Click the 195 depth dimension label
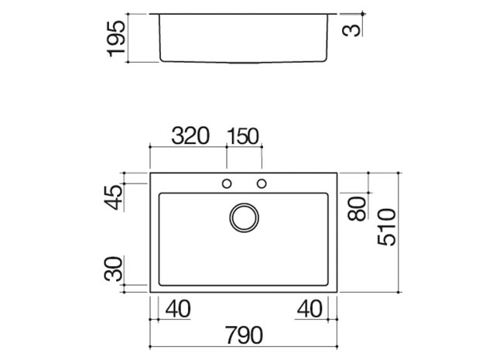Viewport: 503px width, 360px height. click(x=116, y=39)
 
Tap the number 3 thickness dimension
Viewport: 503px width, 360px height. click(x=351, y=30)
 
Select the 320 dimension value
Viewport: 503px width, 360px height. click(x=190, y=135)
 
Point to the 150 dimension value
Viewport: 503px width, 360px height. click(x=243, y=136)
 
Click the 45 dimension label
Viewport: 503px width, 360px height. click(x=115, y=197)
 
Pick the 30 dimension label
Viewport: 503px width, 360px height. click(x=114, y=269)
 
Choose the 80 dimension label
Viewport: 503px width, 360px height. click(x=357, y=208)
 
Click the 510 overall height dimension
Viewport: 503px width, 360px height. click(x=387, y=227)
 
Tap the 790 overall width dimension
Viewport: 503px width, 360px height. click(x=244, y=335)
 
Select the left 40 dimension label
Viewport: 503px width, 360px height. click(x=178, y=309)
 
